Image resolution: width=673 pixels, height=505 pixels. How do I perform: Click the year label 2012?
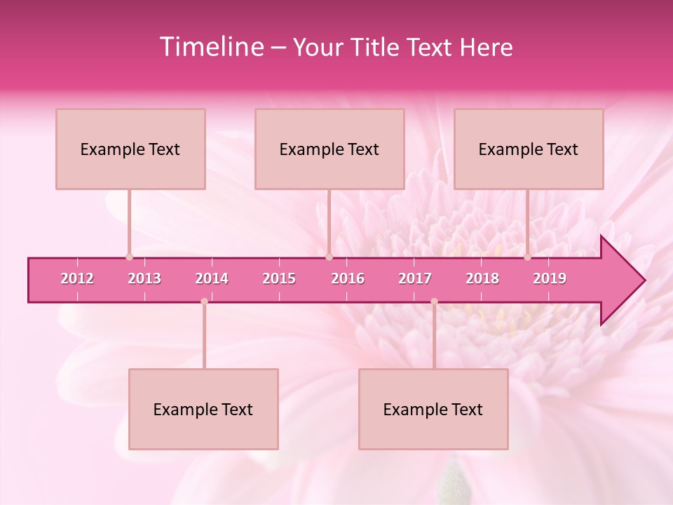(77, 278)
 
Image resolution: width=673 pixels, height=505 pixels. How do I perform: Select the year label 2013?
(144, 278)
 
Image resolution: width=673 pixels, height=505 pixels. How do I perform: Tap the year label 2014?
(212, 278)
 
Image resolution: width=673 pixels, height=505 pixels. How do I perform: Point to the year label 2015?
(279, 278)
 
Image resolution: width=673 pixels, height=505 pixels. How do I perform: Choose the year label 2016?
(348, 278)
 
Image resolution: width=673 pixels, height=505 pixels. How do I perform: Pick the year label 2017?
(415, 278)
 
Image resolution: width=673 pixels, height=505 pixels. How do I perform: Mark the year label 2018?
(482, 278)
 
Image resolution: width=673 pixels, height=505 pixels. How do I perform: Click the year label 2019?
(550, 278)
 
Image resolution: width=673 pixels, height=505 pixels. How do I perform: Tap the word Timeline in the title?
(210, 47)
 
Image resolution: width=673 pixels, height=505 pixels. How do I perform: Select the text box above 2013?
(130, 149)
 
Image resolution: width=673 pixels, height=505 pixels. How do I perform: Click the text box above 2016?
(329, 149)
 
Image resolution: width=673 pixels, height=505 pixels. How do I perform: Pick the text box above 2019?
(529, 149)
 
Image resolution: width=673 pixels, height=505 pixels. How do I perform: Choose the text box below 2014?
(203, 409)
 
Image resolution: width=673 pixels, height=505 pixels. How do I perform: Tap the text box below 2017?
(433, 409)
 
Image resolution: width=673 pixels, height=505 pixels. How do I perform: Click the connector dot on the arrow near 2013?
(129, 257)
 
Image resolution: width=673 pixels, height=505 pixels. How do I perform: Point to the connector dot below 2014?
(204, 301)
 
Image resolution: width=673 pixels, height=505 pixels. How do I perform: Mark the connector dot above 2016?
(329, 257)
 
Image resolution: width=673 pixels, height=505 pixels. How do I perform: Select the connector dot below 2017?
(434, 301)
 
